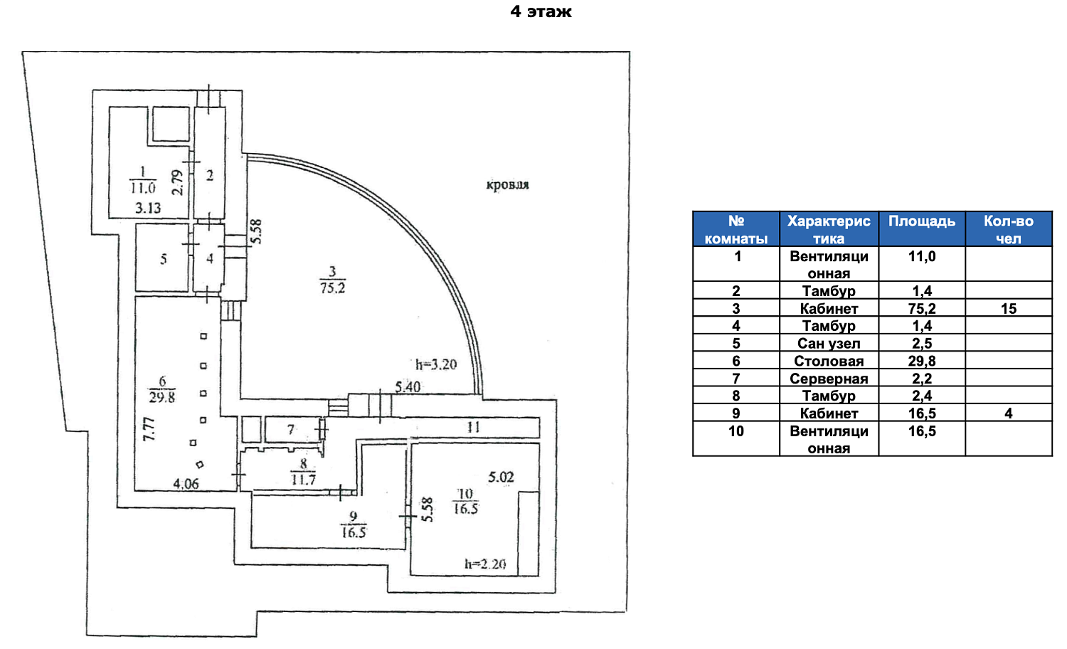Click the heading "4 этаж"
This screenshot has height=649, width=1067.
(x=541, y=11)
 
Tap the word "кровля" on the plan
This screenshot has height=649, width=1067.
(x=507, y=185)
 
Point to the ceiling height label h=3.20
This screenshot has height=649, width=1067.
(x=436, y=364)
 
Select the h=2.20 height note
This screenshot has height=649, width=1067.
(x=485, y=564)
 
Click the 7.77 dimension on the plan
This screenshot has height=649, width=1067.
(x=149, y=429)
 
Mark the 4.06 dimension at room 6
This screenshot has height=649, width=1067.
(x=186, y=484)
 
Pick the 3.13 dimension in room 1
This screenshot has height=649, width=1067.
(x=148, y=208)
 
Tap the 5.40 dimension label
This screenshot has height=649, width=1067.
(x=408, y=387)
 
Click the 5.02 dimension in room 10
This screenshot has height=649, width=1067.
(x=501, y=477)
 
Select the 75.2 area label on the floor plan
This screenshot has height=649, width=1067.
(x=332, y=288)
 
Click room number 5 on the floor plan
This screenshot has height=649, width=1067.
(x=164, y=259)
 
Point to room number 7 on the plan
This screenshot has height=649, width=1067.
(x=290, y=429)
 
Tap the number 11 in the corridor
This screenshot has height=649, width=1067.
(x=474, y=427)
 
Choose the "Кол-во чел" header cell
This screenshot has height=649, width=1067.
(x=1008, y=228)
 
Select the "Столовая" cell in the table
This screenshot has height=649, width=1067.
(x=829, y=361)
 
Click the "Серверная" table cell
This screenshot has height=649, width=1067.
(x=829, y=379)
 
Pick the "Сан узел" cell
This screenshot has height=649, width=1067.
(x=829, y=343)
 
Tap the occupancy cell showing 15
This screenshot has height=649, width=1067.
(x=1008, y=309)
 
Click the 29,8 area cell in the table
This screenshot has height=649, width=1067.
(x=922, y=361)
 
